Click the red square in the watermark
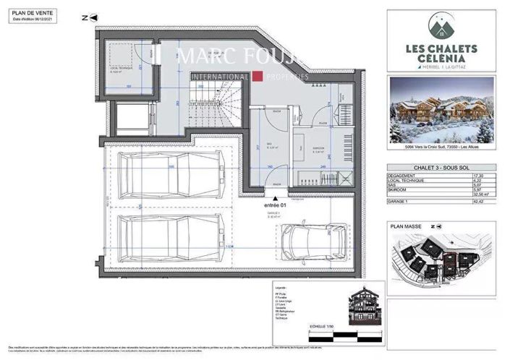coord(256,77)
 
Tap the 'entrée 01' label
coord(276,205)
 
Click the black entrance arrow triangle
coord(275,196)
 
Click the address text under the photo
coord(442,147)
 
